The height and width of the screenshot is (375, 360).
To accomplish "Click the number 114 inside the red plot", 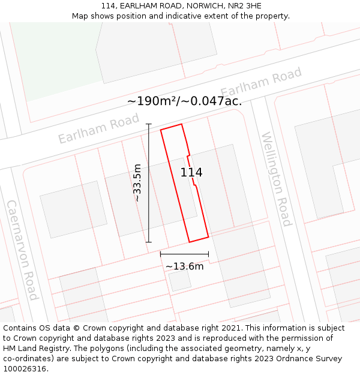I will click(191, 173).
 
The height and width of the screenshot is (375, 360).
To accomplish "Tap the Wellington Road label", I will click(276, 179).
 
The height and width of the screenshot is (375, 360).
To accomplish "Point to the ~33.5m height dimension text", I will click(137, 182).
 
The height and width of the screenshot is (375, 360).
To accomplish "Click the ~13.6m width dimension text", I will click(184, 266).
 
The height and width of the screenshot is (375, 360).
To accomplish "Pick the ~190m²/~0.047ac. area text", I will click(184, 101).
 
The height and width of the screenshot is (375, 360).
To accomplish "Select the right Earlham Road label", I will click(260, 83).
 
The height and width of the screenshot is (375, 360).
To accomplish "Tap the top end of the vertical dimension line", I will click(148, 124).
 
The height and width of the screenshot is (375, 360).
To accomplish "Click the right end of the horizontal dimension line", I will click(208, 254).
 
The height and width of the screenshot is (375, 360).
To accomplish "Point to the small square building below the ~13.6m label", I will click(180, 281).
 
